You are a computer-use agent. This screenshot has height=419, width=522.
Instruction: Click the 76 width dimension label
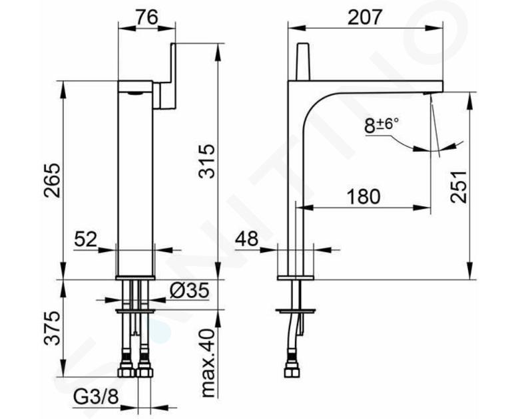(x=146, y=17)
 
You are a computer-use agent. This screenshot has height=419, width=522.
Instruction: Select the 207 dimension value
(x=364, y=17)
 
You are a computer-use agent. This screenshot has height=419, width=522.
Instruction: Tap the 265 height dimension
(x=53, y=181)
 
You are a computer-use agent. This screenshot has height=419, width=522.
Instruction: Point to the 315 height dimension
(x=206, y=161)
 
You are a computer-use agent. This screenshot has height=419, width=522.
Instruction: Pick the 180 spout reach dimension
(x=364, y=197)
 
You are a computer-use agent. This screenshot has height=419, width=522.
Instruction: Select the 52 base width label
(x=85, y=239)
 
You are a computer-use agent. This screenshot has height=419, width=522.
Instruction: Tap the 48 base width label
(x=247, y=239)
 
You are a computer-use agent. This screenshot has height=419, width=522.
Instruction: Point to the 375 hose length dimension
(x=53, y=329)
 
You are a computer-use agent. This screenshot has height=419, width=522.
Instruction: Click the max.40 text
(x=208, y=363)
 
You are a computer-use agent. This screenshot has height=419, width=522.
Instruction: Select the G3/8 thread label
(x=96, y=396)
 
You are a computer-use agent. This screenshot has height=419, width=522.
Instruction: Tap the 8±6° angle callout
(x=382, y=126)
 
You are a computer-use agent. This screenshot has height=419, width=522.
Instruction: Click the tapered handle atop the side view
(x=302, y=61)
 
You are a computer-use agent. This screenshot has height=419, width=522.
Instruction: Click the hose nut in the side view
(x=292, y=371)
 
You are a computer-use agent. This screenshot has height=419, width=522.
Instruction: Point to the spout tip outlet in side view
(x=427, y=93)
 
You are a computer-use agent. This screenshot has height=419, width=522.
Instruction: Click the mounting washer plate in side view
(x=296, y=311)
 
